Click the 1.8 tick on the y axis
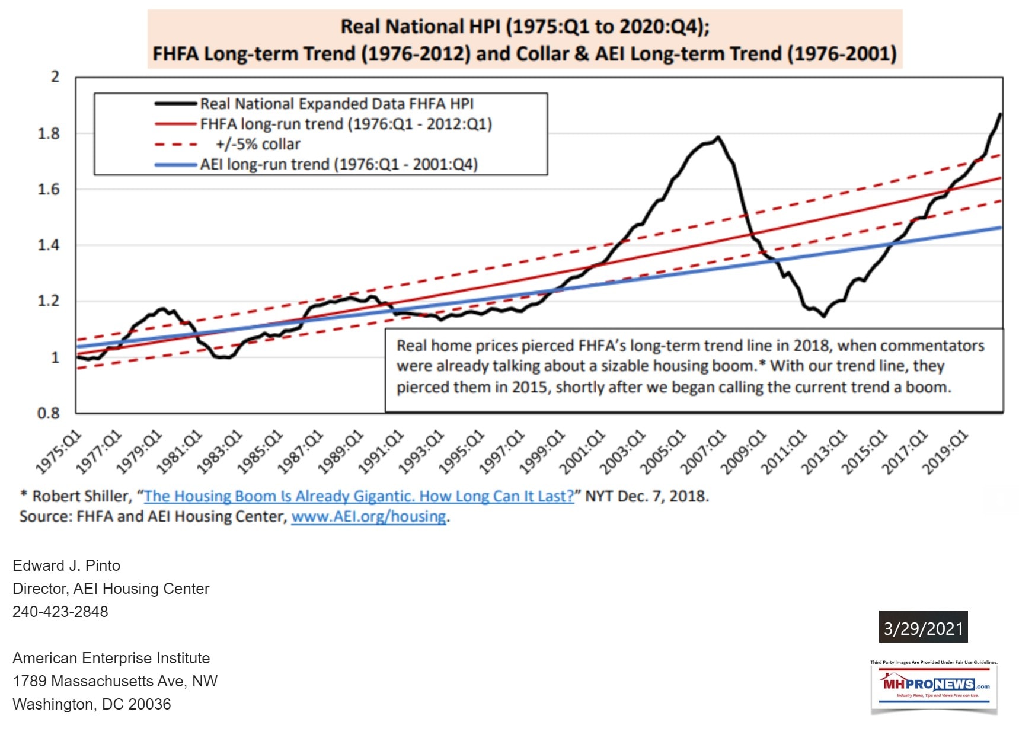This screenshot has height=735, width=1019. pyautogui.click(x=49, y=133)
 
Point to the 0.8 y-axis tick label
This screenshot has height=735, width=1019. pyautogui.click(x=49, y=413)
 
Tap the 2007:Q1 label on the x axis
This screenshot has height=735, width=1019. pyautogui.click(x=704, y=452)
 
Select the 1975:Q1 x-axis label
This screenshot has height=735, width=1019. pyautogui.click(x=59, y=452)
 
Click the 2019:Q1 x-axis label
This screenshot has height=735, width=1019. pyautogui.click(x=945, y=452)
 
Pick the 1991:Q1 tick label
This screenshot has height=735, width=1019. pyautogui.click(x=381, y=452)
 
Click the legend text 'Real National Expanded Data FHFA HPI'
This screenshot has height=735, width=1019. pyautogui.click(x=337, y=104)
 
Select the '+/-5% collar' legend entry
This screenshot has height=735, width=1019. pyautogui.click(x=258, y=144)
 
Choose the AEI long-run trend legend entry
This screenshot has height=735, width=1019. pyautogui.click(x=338, y=164)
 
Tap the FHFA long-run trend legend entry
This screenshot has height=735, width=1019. pyautogui.click(x=346, y=124)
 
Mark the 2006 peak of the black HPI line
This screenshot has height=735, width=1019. pyautogui.click(x=718, y=138)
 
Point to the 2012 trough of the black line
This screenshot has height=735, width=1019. pyautogui.click(x=823, y=316)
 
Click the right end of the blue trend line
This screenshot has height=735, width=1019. pyautogui.click(x=1000, y=228)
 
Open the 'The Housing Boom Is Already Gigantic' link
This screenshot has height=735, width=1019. pyautogui.click(x=359, y=496)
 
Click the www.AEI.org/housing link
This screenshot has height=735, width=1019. pyautogui.click(x=368, y=516)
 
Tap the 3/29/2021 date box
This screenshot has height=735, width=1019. pyautogui.click(x=923, y=628)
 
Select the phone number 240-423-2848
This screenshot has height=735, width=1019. pyautogui.click(x=60, y=612)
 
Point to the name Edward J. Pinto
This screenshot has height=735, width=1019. pyautogui.click(x=66, y=565)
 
